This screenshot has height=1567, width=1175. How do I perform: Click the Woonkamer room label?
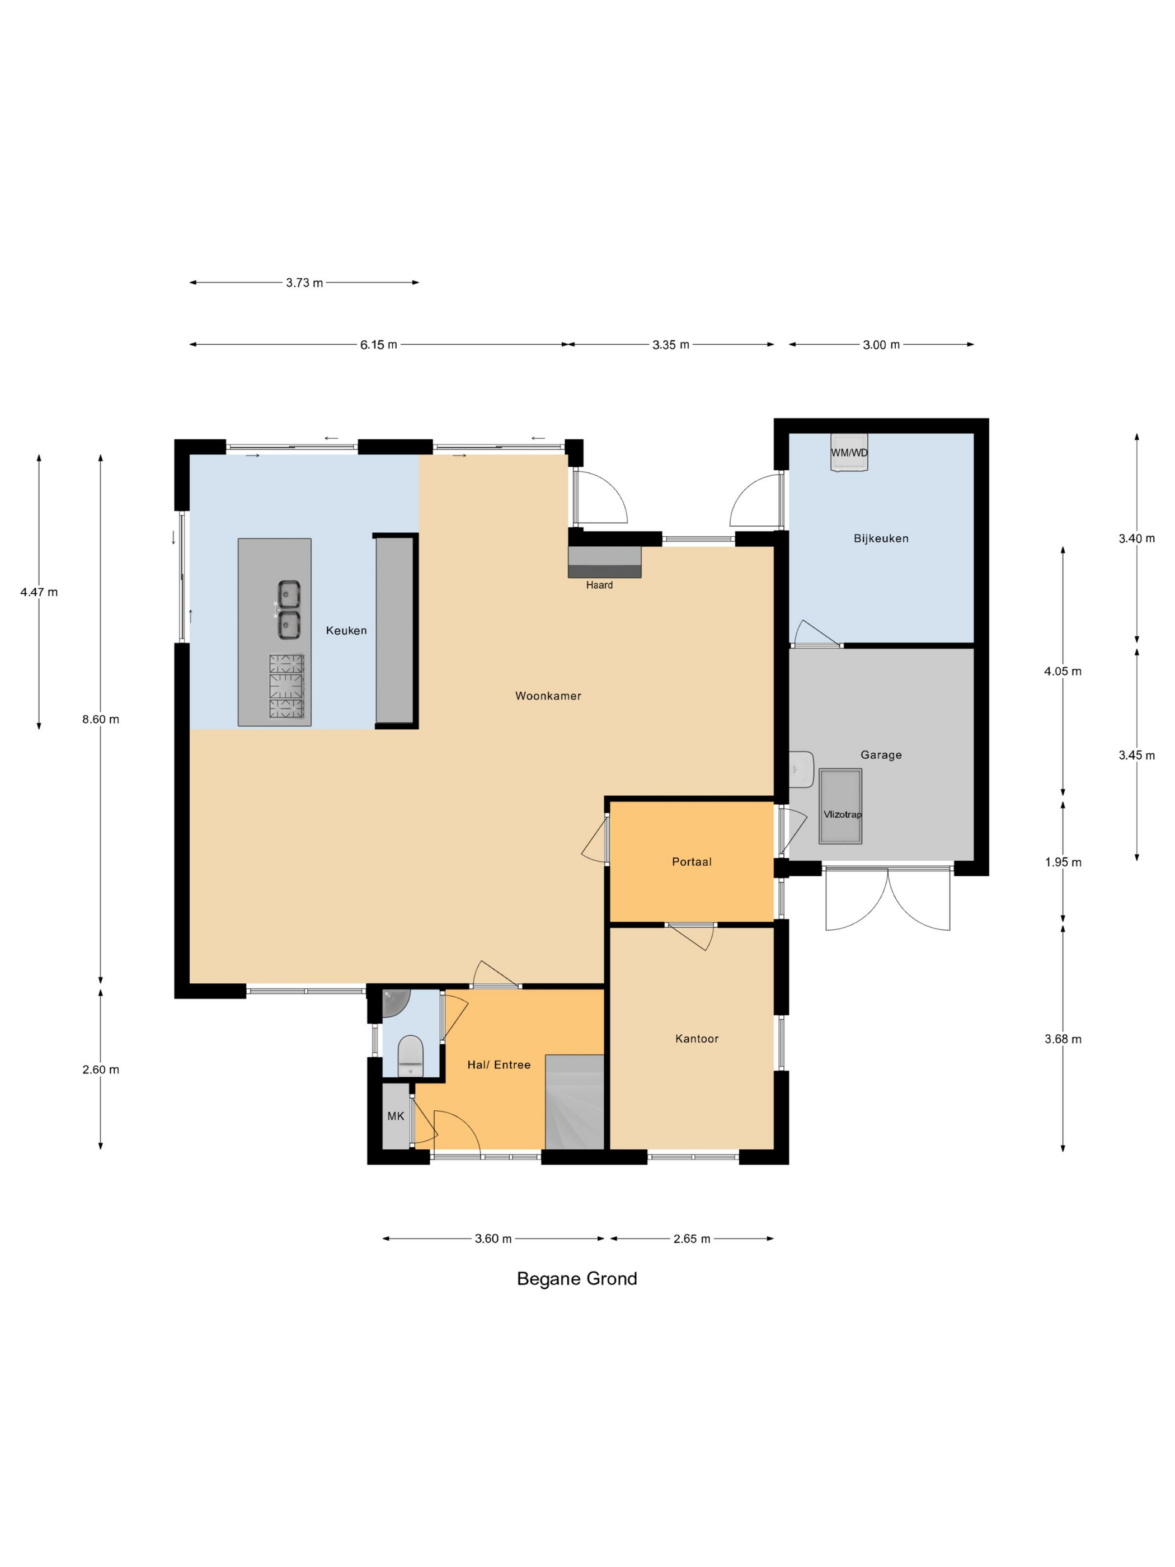point(548,696)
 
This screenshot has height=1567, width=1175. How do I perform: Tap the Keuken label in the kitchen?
point(346,631)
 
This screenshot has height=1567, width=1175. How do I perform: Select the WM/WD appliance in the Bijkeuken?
point(849,452)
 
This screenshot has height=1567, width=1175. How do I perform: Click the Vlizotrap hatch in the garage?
point(841,806)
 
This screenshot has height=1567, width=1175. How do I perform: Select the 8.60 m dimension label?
point(101,719)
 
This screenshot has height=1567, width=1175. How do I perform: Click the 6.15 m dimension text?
point(378,344)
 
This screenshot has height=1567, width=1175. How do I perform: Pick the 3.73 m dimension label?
point(304,283)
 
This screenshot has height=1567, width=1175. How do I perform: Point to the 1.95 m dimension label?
point(1063,862)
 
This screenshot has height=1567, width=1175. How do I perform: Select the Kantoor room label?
point(697,1039)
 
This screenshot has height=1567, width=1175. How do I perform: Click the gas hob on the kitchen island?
point(286,686)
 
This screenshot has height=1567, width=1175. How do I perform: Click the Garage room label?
point(881,754)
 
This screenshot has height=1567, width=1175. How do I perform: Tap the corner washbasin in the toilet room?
point(395,1003)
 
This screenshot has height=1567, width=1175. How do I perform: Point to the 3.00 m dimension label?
point(881,344)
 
